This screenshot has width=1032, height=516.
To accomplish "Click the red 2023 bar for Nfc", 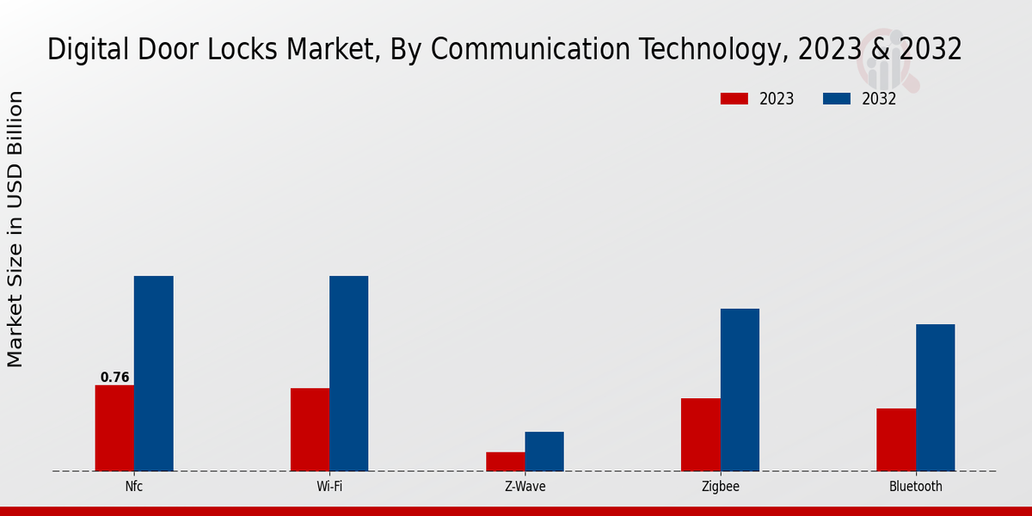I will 114,428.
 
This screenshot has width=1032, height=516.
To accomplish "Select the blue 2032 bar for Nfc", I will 153,373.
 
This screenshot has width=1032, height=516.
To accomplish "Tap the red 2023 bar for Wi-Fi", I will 310,430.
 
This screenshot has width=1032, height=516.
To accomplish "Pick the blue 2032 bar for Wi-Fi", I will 348,373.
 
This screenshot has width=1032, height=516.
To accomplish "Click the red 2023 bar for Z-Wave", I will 505,462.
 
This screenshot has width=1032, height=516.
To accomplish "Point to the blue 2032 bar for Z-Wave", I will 544,451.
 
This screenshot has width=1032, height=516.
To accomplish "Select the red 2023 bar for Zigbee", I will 700,434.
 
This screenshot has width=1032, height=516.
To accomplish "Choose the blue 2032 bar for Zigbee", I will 740,390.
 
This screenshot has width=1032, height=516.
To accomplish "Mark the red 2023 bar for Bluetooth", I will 896,439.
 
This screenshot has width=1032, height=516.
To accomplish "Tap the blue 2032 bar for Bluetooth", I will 935,397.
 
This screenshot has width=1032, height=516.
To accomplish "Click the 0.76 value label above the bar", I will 114,378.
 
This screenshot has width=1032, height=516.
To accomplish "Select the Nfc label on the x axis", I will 133,487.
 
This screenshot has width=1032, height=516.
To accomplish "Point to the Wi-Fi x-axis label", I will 329,487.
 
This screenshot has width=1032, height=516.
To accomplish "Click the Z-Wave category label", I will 525,487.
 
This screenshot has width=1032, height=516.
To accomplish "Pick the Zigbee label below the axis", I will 720,487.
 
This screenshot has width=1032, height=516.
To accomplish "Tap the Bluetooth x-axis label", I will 915,487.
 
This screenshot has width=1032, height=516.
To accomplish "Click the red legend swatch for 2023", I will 734,99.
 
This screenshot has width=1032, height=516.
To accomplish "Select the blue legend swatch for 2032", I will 836,99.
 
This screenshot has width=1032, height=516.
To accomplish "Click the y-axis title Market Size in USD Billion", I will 15,229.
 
